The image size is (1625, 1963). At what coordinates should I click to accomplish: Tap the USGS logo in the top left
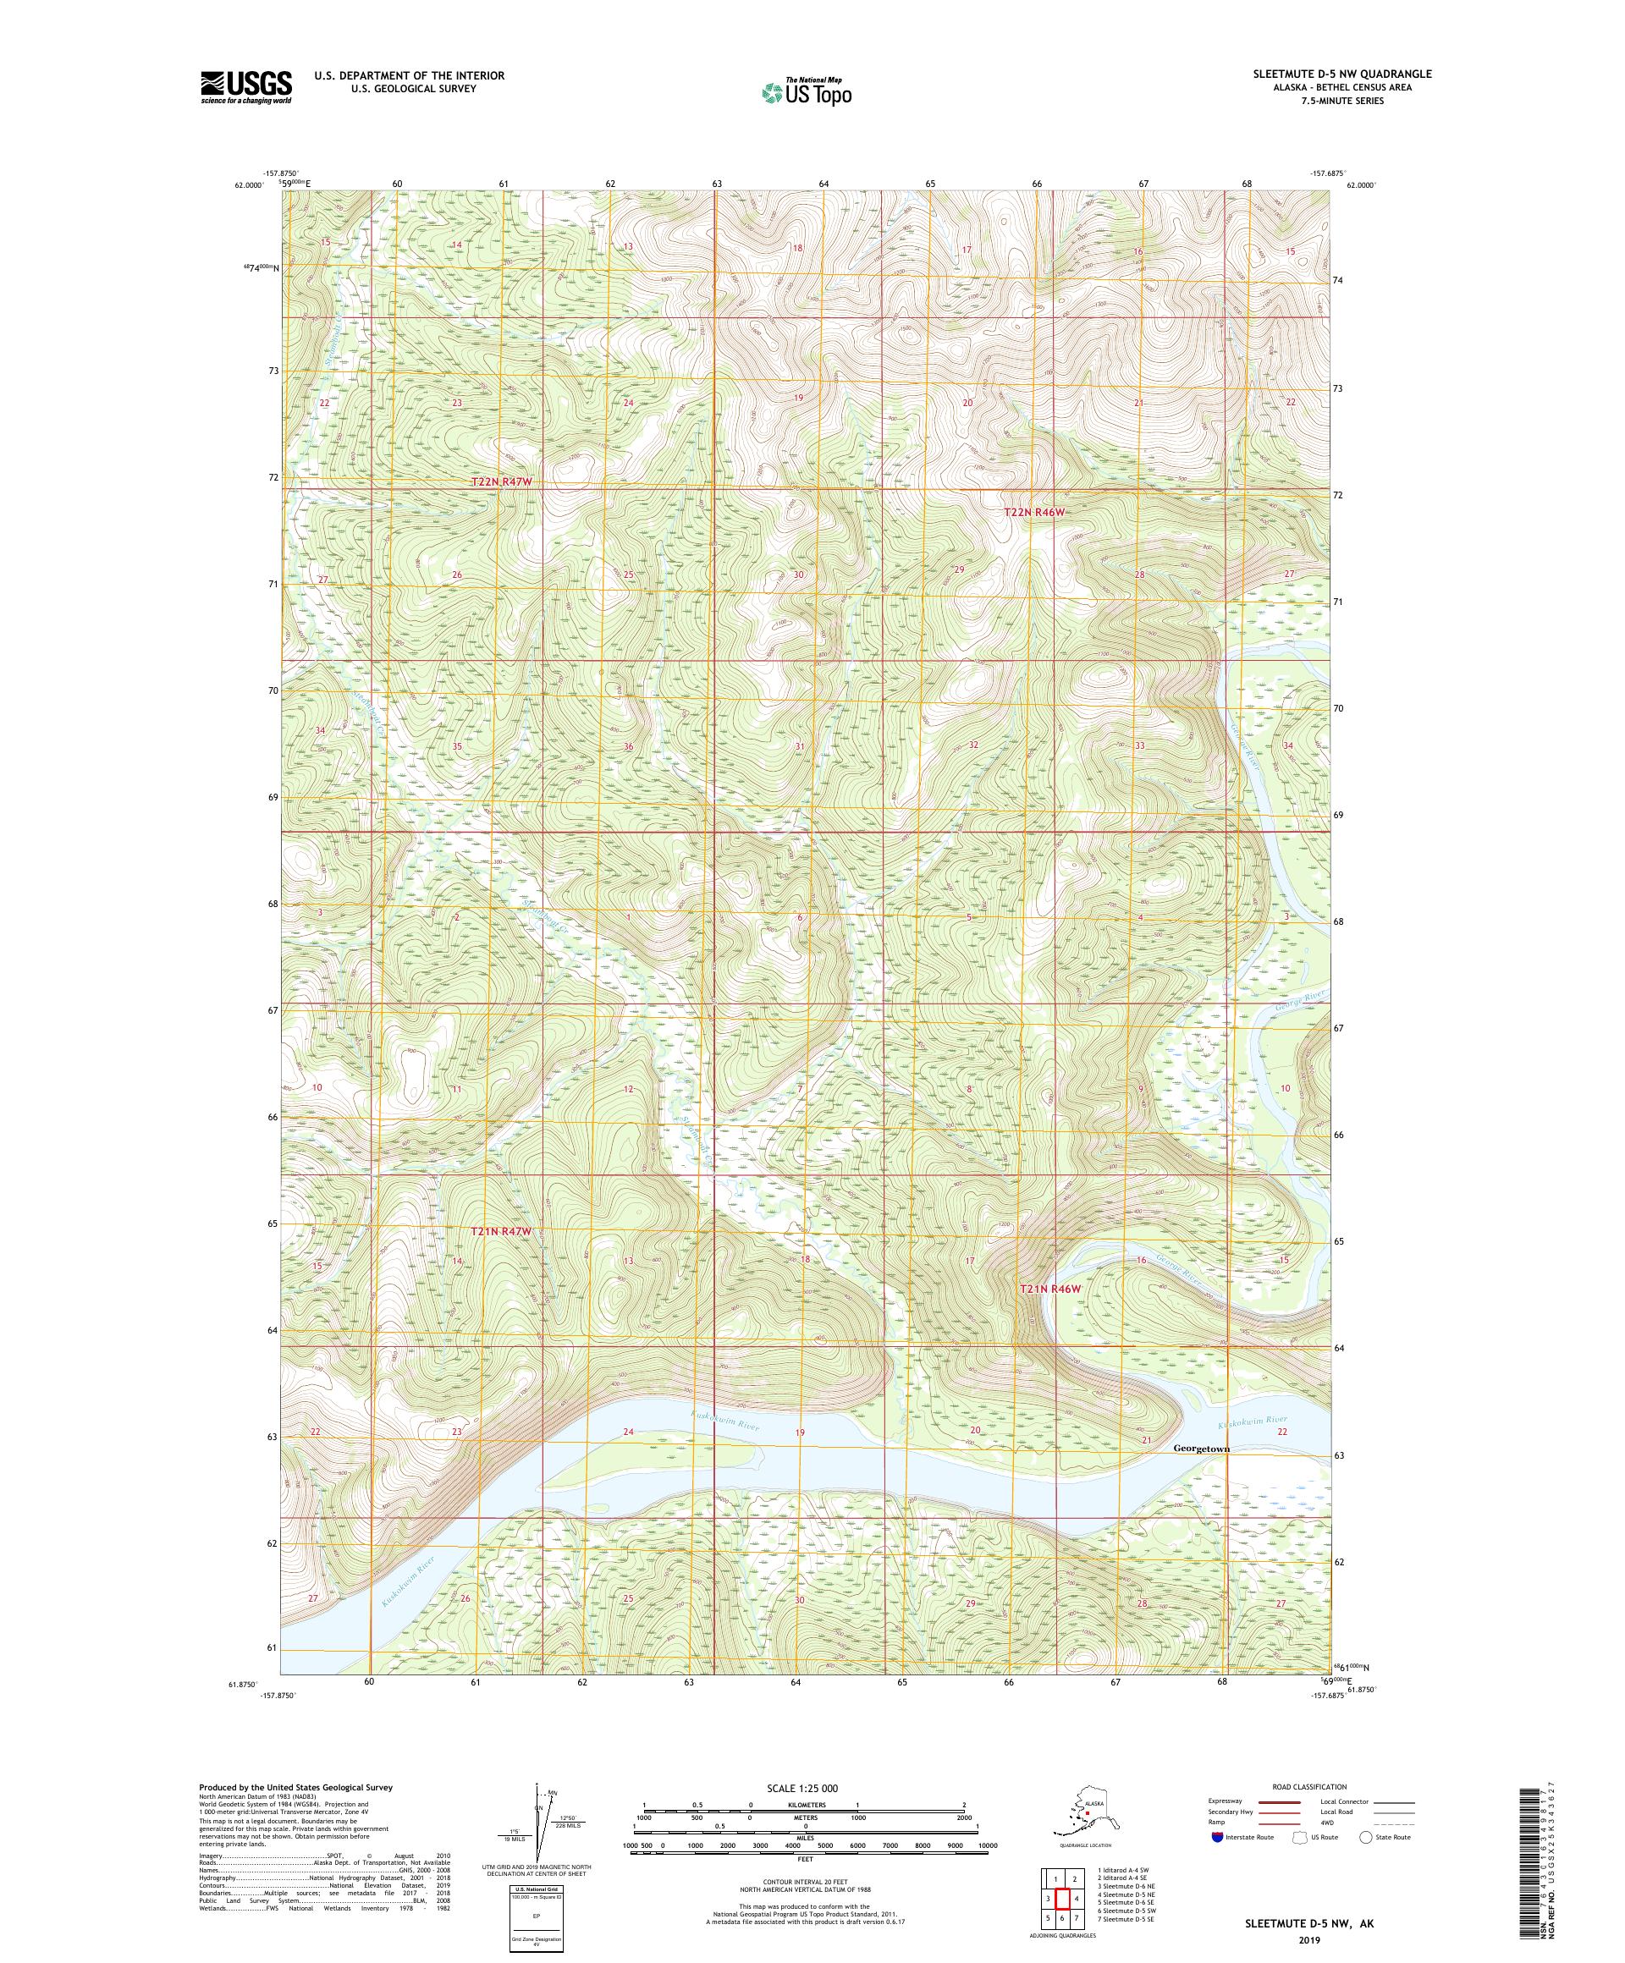point(245,87)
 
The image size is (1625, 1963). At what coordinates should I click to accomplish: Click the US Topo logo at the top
point(807,91)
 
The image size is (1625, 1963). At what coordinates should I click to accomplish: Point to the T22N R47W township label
point(505,481)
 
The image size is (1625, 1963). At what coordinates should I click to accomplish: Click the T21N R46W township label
point(1049,1288)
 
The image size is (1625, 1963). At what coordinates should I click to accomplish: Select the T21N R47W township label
point(500,1232)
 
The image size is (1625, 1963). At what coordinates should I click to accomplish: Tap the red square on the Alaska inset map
point(1088,1811)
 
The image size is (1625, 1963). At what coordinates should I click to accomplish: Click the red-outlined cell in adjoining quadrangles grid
point(1062,1898)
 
